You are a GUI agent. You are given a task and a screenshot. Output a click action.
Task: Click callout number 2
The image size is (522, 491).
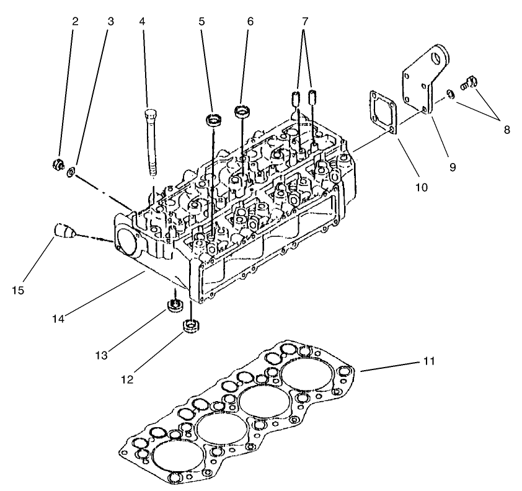(x=75, y=21)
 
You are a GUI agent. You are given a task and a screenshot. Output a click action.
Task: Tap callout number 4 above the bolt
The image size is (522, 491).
(x=142, y=21)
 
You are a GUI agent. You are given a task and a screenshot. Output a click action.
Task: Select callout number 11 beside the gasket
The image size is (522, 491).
(x=428, y=360)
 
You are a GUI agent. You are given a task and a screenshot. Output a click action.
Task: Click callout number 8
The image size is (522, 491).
(x=507, y=130)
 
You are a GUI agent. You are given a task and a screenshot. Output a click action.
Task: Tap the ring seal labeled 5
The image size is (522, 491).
(x=215, y=120)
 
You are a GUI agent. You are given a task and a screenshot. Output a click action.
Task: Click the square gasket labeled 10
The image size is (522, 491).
(x=382, y=110)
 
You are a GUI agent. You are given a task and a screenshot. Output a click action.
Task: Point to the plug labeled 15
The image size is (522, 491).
(x=63, y=232)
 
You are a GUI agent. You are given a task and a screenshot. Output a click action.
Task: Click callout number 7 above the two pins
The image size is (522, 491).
(x=304, y=21)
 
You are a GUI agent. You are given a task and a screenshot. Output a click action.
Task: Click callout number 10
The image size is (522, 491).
(x=421, y=186)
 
